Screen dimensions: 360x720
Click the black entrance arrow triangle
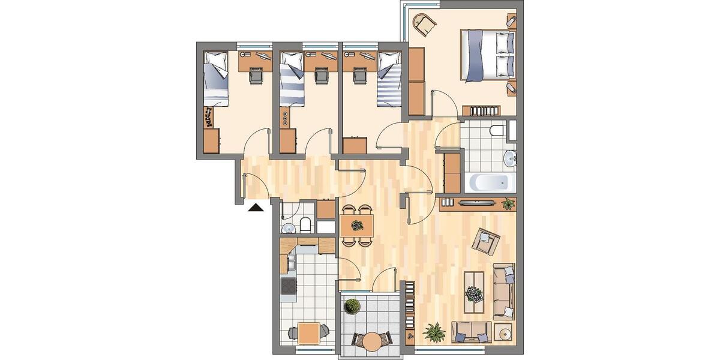tap(256, 208)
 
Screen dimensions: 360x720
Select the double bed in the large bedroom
tap(487, 55)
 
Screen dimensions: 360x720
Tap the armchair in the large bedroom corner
tap(424, 25)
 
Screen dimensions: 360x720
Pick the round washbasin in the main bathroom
tap(510, 158)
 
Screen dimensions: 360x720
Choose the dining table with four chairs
tap(356, 226)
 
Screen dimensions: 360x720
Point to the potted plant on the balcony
tap(352, 305)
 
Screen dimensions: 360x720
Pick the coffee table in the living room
tap(475, 293)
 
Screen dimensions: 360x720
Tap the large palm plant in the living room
tap(433, 331)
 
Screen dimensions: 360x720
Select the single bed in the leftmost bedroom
tap(215, 79)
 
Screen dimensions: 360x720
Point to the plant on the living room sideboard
tap(508, 203)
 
